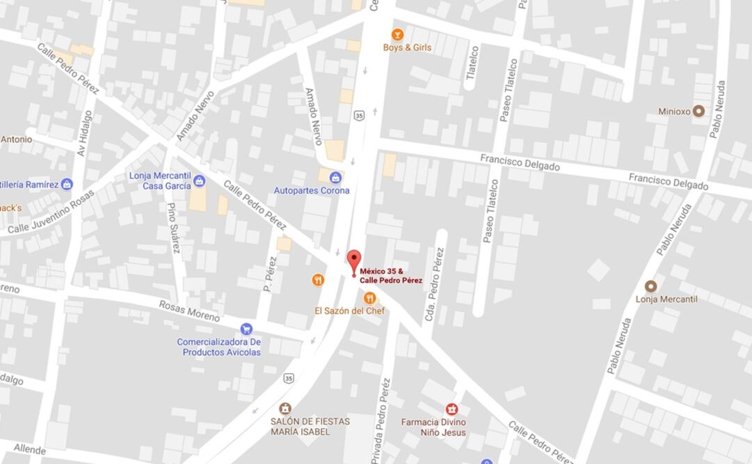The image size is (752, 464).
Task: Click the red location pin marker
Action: point(354,263)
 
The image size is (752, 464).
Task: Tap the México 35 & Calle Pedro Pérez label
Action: point(391,276)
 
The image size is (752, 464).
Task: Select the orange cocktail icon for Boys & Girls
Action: point(397,34)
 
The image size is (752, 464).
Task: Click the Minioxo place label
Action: point(673,111)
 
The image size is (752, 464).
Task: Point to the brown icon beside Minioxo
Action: point(698,111)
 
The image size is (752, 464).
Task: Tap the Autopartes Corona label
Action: point(312,190)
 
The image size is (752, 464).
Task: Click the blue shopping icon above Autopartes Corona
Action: point(335,177)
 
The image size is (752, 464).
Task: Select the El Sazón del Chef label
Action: point(350,311)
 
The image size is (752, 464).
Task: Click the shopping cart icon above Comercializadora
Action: point(246,329)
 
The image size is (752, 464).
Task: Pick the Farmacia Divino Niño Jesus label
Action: point(433,427)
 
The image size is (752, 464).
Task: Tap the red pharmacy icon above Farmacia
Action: point(451,409)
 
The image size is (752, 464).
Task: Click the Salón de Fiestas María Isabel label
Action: point(310,426)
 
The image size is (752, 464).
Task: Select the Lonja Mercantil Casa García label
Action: point(160,180)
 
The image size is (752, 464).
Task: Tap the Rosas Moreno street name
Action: point(189,311)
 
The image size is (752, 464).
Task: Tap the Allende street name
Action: point(29,449)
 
